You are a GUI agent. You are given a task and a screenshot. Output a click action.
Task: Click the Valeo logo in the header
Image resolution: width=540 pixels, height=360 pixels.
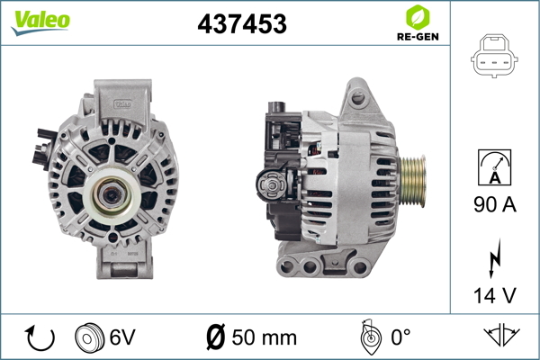[40, 22]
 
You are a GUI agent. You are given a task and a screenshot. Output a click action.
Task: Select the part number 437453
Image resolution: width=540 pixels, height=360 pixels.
[242, 23]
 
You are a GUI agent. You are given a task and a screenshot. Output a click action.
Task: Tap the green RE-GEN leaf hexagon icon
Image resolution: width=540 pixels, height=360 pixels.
[418, 17]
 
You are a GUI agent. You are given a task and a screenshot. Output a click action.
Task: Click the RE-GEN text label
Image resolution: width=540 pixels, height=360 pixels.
[418, 37]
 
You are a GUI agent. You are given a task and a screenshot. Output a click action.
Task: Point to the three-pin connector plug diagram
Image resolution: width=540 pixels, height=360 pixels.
[494, 56]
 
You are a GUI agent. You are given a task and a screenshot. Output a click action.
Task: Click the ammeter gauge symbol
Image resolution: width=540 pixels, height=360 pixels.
[494, 167]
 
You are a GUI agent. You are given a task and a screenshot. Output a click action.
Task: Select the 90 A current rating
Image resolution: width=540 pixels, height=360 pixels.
[495, 204]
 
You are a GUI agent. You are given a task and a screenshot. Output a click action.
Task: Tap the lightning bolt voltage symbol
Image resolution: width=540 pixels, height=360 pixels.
[495, 258]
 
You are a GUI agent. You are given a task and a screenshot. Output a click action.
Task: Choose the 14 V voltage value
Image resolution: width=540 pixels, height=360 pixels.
[495, 295]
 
